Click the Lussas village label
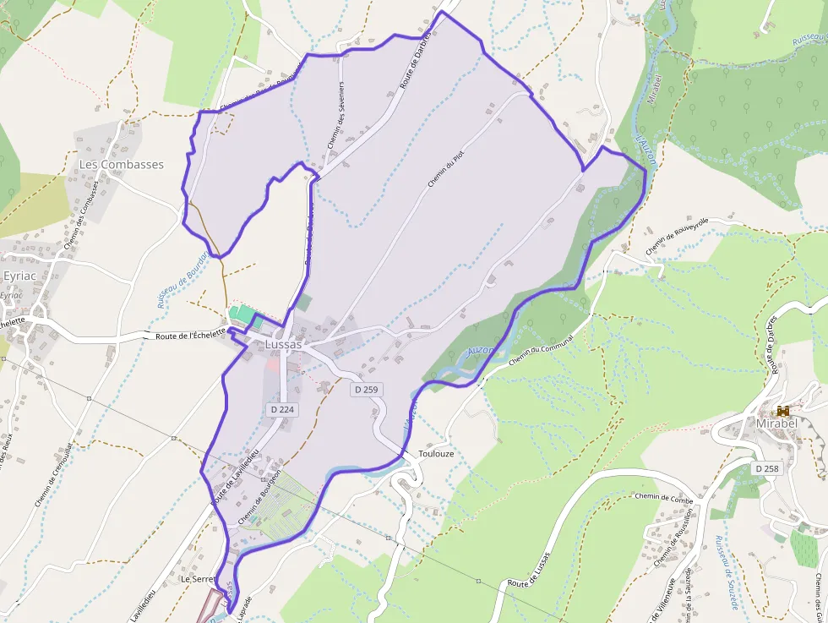coord(283,345)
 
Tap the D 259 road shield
coord(368,390)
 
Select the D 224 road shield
coord(282,409)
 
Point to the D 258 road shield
coord(767,468)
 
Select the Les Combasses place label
coord(121,164)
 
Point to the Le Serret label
coord(199,580)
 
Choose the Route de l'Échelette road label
coord(192,336)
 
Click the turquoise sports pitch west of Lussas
coord(242,314)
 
